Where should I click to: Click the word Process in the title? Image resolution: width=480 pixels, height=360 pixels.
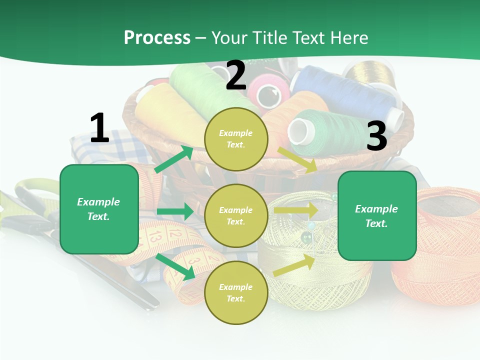[157, 38]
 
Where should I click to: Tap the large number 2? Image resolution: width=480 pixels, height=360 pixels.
[236, 76]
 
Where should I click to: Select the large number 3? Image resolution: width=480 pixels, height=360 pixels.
[376, 136]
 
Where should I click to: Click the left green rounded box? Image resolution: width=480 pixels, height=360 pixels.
[99, 209]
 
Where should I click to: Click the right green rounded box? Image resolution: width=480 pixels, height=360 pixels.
[377, 215]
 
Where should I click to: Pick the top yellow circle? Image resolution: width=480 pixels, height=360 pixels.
[236, 138]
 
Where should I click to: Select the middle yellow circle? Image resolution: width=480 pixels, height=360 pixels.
[236, 215]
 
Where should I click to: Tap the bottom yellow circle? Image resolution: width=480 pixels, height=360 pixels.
[236, 292]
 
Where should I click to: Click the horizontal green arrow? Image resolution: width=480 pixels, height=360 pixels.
[175, 211]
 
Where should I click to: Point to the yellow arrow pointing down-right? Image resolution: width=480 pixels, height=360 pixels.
[297, 160]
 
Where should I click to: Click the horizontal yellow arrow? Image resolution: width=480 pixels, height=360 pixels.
[296, 210]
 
